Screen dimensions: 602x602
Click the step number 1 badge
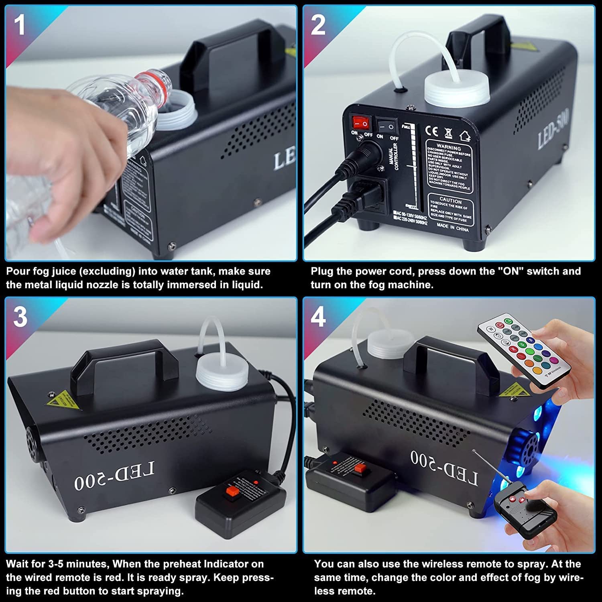(20, 24)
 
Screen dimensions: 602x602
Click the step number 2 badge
(318, 24)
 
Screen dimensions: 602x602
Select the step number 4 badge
(318, 317)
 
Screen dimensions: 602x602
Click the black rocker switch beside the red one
(386, 126)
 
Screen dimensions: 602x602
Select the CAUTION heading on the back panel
(450, 200)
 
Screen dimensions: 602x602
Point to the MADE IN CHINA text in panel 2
(452, 228)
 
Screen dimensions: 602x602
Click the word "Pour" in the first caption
(18, 271)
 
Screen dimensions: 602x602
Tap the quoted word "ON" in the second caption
(510, 271)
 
